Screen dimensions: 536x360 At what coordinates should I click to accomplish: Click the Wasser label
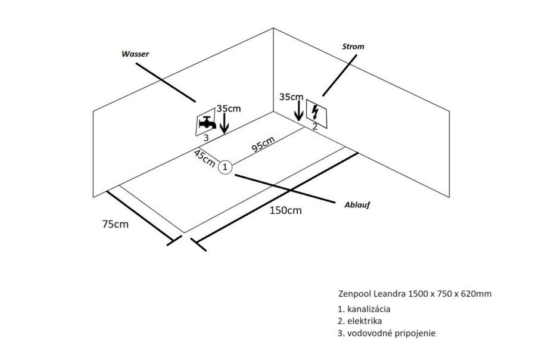[135, 54]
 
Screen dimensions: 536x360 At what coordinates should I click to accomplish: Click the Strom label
[353, 46]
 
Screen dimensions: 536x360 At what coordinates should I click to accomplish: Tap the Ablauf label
[357, 205]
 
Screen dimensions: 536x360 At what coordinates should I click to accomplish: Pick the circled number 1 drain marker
[225, 167]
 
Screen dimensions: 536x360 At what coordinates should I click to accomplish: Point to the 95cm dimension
[263, 144]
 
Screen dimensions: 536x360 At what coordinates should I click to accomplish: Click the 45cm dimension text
[204, 159]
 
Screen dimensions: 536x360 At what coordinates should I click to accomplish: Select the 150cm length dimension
[286, 210]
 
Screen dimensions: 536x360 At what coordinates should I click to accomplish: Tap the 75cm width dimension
[116, 224]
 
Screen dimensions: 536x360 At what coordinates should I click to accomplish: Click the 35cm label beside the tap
[229, 108]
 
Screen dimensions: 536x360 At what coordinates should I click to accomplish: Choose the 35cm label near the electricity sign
[291, 97]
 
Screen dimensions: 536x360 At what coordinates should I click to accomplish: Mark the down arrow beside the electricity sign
[299, 110]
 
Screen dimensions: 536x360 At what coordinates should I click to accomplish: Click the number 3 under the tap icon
[206, 138]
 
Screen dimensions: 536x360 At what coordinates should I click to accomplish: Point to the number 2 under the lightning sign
[315, 126]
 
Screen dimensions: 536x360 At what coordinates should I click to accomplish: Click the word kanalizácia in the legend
[369, 309]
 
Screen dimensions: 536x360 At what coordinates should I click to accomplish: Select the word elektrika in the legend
[364, 321]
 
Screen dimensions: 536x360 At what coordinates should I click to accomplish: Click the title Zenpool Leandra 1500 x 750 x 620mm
[415, 294]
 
